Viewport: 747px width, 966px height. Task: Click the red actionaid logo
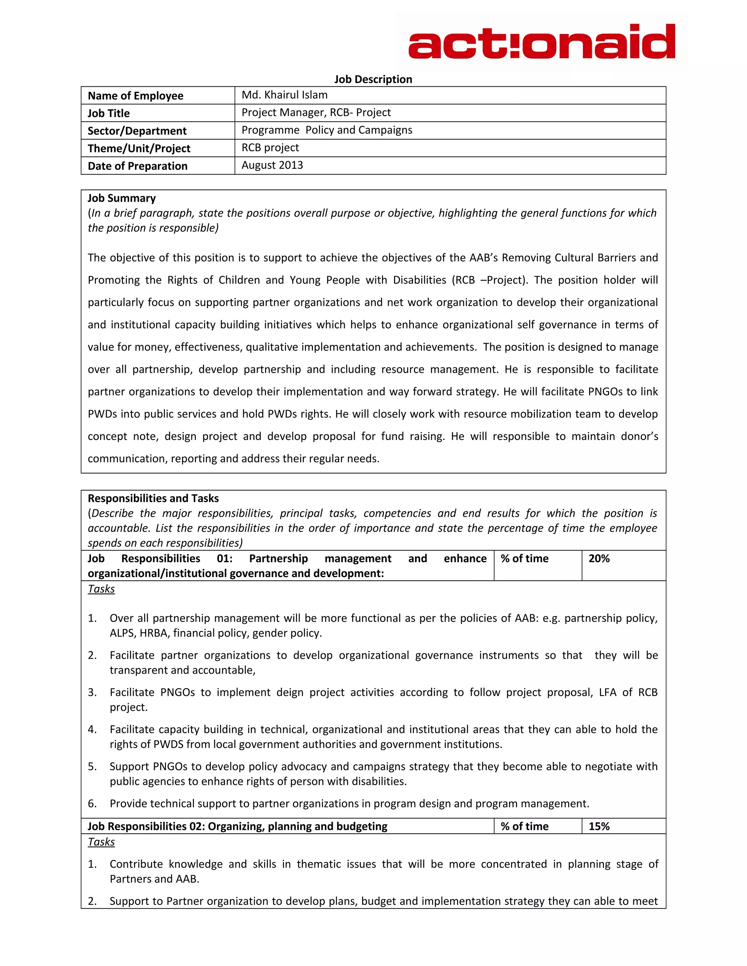click(541, 42)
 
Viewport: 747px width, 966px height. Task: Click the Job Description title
click(373, 79)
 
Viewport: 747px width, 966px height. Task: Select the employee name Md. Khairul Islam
click(285, 95)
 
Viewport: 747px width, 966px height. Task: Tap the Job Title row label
click(108, 113)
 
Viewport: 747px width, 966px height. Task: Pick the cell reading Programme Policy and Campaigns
click(326, 130)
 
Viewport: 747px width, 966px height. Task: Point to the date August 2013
click(272, 165)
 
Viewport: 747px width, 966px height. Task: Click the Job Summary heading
click(122, 198)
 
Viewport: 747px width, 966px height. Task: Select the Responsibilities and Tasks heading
click(153, 498)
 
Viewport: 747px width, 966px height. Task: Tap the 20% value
click(599, 558)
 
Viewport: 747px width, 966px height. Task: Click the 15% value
click(599, 826)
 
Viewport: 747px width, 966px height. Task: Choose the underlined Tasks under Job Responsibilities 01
click(101, 589)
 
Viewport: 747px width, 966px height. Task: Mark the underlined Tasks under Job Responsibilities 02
click(101, 842)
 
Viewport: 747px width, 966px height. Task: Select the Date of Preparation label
click(138, 166)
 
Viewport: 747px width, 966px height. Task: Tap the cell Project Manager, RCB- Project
click(316, 112)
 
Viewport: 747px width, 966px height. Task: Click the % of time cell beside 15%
click(525, 826)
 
